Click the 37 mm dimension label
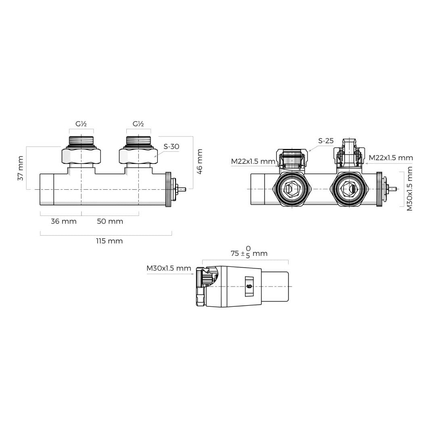click(21, 168)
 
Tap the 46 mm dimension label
click(200, 162)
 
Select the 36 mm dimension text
click(64, 221)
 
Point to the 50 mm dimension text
click(110, 221)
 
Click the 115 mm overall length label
click(109, 241)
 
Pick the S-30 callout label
click(171, 146)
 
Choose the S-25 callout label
click(326, 141)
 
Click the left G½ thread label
click(81, 124)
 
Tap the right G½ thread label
click(138, 124)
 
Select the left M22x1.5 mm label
click(253, 161)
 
